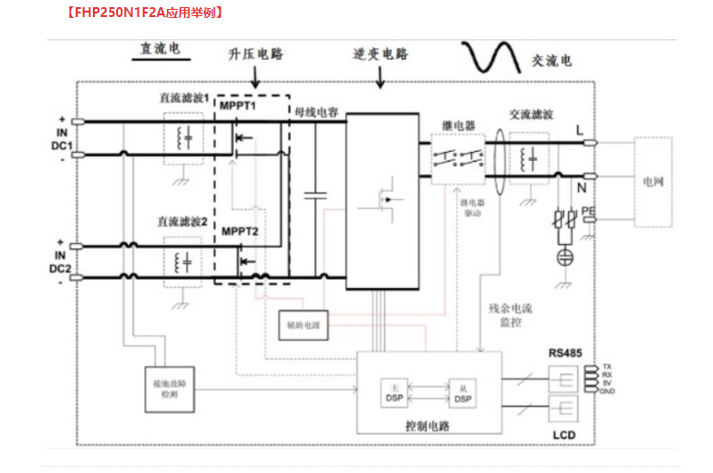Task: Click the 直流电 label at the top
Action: [158, 49]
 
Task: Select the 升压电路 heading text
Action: [256, 54]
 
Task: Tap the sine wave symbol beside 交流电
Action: [491, 58]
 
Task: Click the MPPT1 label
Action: [239, 106]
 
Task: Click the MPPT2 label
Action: [239, 232]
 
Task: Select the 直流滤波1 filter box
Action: [186, 138]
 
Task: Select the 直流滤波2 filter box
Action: [186, 262]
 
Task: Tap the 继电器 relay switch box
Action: [457, 160]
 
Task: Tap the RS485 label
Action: [565, 353]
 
